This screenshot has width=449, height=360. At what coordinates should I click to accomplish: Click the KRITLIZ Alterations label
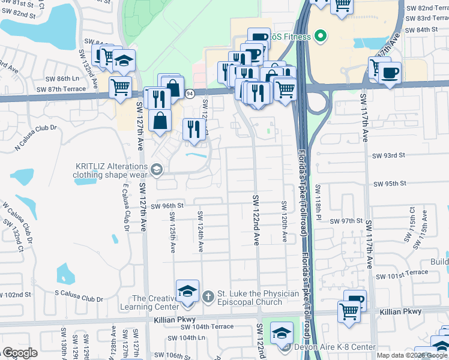click(x=111, y=171)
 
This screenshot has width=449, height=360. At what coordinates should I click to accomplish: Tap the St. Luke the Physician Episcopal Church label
click(x=258, y=298)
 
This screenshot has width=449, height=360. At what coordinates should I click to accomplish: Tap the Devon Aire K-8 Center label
click(x=334, y=347)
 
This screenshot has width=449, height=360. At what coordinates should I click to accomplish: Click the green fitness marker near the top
click(x=320, y=37)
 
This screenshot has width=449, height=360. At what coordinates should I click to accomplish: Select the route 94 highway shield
click(x=190, y=94)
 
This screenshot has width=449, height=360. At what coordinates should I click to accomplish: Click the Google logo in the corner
click(x=20, y=353)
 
